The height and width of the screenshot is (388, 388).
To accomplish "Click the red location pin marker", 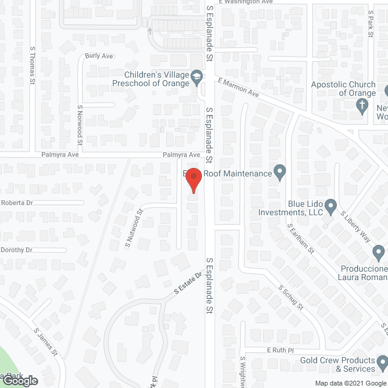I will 193,180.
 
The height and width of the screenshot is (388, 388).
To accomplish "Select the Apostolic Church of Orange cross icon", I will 362,107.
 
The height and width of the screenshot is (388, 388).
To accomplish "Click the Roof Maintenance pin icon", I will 279,173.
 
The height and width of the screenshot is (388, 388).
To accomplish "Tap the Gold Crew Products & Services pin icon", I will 382,363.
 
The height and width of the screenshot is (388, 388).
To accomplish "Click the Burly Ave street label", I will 99,56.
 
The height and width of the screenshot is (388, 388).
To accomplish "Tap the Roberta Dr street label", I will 16,202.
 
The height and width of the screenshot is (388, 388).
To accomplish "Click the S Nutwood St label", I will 133,228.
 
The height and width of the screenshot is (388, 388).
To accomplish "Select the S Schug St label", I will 290,298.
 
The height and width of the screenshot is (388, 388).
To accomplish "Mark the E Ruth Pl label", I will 279,350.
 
